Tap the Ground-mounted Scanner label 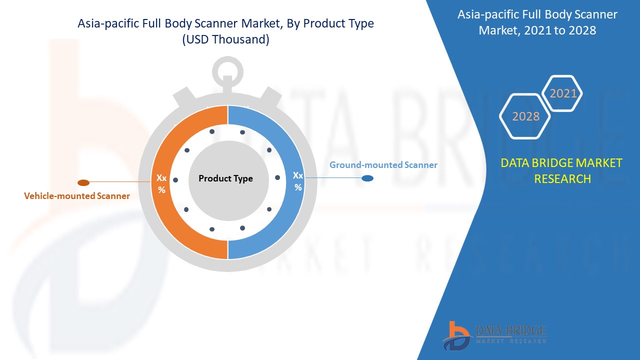click(x=383, y=165)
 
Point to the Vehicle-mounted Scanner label click(x=77, y=196)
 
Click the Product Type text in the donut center click(x=225, y=178)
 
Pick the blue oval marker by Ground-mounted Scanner click(x=367, y=178)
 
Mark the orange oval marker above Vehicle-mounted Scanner click(x=83, y=182)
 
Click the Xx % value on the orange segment click(x=161, y=183)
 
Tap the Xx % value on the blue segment click(x=298, y=181)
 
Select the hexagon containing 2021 click(x=563, y=93)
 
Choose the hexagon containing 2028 click(x=525, y=116)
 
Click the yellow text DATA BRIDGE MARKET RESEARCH click(x=562, y=170)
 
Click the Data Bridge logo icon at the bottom click(x=456, y=335)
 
